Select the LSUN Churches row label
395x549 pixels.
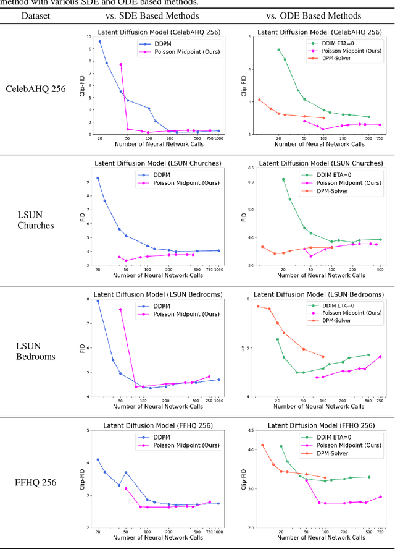tap(35, 220)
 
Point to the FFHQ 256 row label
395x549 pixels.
tap(38, 482)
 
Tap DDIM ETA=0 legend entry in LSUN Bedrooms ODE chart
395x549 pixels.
tap(334, 305)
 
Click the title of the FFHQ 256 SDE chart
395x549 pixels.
tap(157, 425)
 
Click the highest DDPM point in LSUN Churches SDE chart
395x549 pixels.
tap(98, 178)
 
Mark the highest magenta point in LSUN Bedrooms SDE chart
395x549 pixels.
tap(120, 309)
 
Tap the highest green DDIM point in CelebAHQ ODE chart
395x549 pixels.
tap(278, 49)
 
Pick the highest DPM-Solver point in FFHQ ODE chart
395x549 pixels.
tap(262, 445)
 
